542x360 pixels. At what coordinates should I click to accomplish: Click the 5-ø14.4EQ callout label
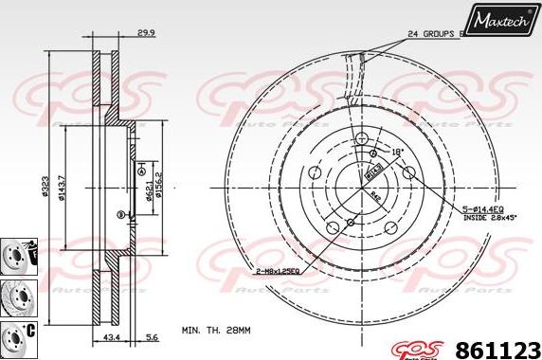[x=488, y=210]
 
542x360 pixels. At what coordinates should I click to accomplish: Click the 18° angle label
[x=397, y=152]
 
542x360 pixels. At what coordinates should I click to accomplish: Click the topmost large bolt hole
[x=363, y=139]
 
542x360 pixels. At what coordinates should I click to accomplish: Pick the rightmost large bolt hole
[x=409, y=173]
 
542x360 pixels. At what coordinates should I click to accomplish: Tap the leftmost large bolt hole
[x=316, y=173]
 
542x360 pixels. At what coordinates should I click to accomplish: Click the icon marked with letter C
[x=15, y=334]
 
